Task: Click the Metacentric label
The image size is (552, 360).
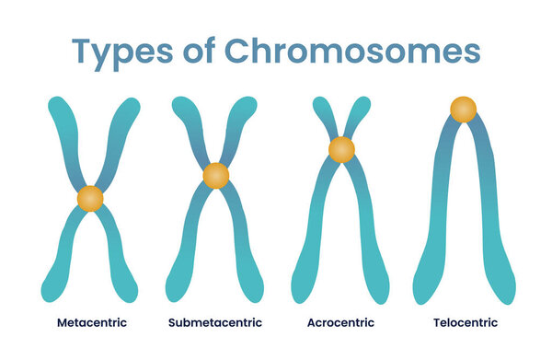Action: (92, 323)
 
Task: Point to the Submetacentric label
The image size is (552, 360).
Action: (215, 323)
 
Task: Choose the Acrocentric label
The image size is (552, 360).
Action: (341, 323)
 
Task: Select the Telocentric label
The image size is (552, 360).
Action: (465, 323)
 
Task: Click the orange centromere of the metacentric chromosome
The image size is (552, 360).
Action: (90, 198)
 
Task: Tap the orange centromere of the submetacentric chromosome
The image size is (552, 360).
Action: (215, 175)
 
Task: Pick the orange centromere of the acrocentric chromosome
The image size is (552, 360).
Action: (341, 148)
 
